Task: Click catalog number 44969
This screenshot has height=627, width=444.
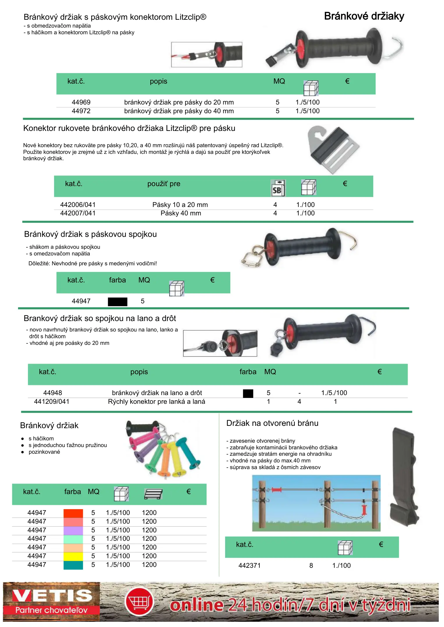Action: (81, 102)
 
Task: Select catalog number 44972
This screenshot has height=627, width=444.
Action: (81, 111)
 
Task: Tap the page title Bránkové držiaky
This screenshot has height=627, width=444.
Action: (364, 16)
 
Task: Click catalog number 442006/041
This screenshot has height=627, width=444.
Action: (78, 205)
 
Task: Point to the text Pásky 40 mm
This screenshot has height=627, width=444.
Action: (181, 213)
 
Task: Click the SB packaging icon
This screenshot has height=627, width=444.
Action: (278, 188)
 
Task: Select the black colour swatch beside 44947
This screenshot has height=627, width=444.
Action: (117, 302)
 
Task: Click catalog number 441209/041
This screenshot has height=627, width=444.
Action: (51, 401)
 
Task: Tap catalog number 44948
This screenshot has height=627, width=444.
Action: (52, 393)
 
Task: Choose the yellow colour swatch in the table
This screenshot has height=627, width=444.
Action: (73, 556)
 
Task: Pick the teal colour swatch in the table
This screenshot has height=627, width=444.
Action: (73, 565)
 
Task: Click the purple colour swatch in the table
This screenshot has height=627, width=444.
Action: (73, 530)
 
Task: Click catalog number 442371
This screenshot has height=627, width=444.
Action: (249, 565)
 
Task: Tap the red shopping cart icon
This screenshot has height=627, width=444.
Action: (139, 602)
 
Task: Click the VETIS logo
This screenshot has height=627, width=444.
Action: (51, 601)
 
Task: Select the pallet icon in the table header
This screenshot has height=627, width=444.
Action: (153, 494)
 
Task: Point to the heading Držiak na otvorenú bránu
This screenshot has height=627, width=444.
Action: (272, 423)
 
